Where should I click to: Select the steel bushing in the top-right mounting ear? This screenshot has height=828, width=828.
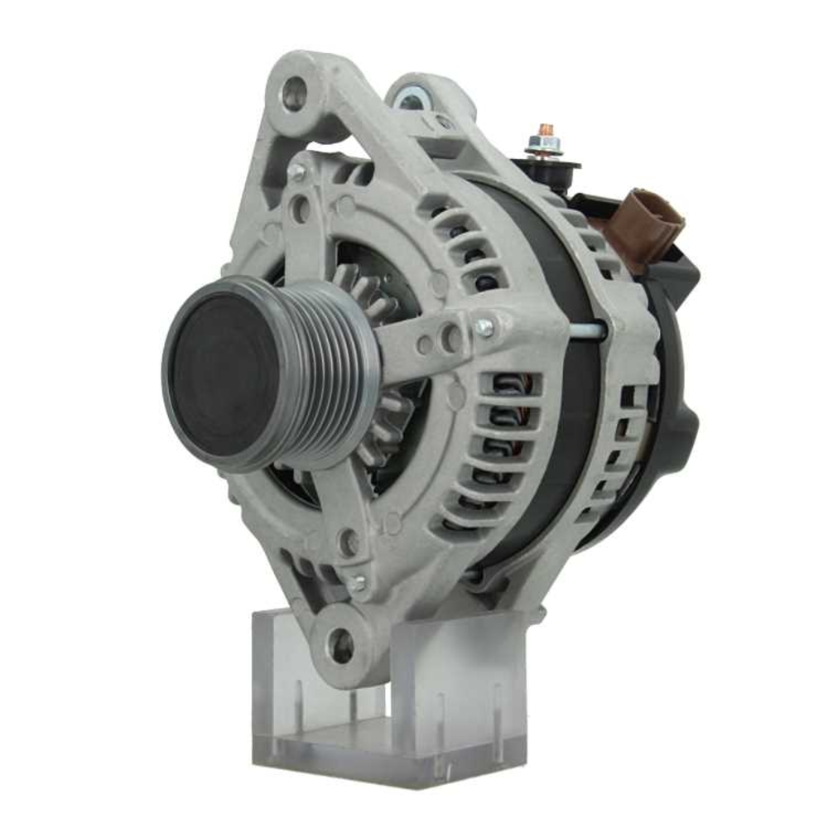(x=412, y=100)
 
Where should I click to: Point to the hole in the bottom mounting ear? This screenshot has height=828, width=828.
(x=340, y=642)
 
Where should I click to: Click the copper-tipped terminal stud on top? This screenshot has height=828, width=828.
(x=546, y=132)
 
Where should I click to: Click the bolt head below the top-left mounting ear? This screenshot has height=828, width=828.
(x=296, y=171)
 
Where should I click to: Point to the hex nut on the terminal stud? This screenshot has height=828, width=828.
(x=544, y=147)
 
